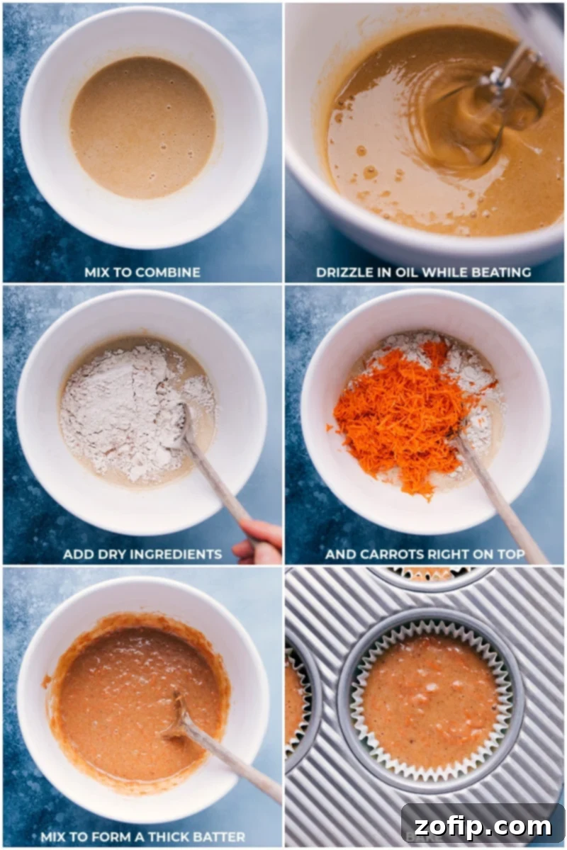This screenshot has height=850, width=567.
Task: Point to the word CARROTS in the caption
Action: pyautogui.click(x=383, y=554)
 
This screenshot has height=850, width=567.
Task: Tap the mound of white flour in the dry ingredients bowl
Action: pyautogui.click(x=120, y=404)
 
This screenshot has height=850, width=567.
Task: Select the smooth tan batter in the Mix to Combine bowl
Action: pyautogui.click(x=142, y=127)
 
